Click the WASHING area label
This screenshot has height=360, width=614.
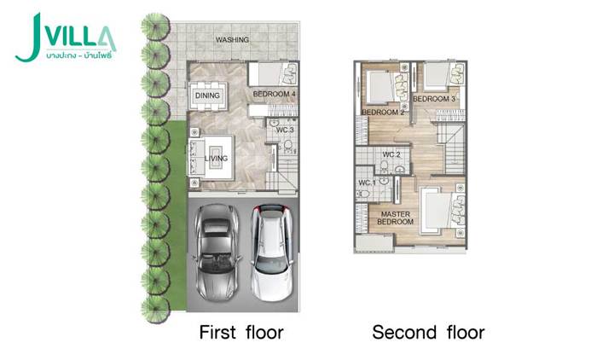point(232,39)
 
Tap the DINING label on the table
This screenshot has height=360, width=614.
point(207,96)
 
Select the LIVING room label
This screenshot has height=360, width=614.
point(217,159)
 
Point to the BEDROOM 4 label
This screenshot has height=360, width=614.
point(274,94)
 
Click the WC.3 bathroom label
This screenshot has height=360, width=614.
point(285,130)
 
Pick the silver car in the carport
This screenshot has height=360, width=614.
point(217,253)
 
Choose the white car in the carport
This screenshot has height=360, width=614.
point(272,253)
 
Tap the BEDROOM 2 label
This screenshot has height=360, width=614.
point(383,113)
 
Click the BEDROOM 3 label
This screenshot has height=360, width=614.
point(434,99)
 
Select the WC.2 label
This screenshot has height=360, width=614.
point(391,154)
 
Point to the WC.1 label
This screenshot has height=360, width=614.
point(367,183)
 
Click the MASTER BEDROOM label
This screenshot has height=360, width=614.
point(395,218)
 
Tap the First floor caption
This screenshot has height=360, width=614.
point(241,332)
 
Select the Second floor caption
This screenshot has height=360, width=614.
point(428,332)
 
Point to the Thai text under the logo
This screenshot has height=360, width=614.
point(78,55)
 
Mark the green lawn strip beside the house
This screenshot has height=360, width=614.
point(177,216)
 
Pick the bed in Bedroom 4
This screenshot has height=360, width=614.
point(273,73)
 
